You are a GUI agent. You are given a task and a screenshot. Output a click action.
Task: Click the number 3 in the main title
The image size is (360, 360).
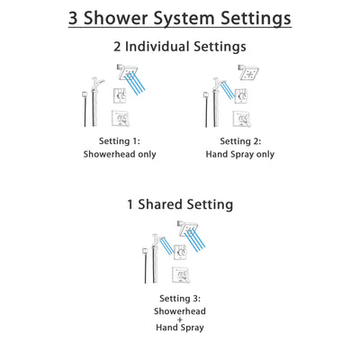click(76, 18)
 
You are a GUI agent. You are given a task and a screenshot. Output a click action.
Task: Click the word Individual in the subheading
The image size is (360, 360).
click(178, 47)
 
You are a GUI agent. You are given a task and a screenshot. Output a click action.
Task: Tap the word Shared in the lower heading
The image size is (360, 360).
click(166, 204)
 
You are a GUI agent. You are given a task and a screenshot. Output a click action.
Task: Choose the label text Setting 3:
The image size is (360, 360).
click(181, 298)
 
